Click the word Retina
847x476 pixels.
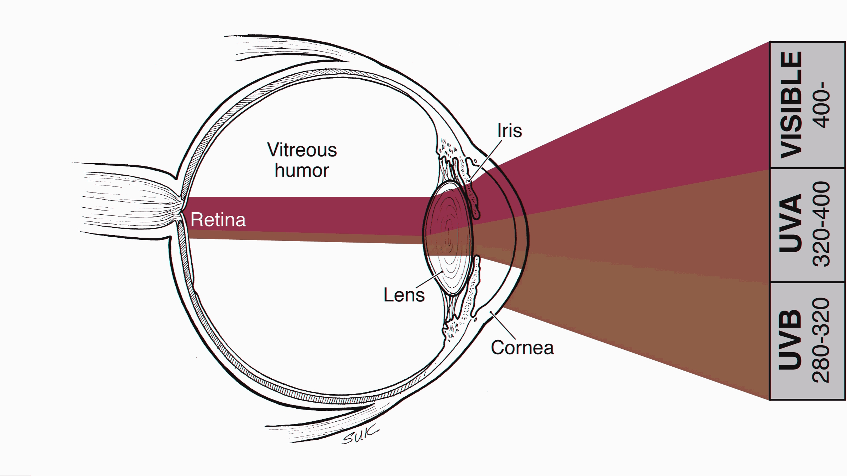click(x=218, y=220)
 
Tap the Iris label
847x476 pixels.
click(x=509, y=130)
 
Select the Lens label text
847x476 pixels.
click(x=404, y=295)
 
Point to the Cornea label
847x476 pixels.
click(x=522, y=348)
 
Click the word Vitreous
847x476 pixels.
click(x=302, y=150)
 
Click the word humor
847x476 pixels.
click(x=302, y=170)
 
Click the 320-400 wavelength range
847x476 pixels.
click(x=822, y=224)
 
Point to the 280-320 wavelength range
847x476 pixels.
click(x=822, y=340)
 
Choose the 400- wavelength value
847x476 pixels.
click(x=822, y=105)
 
